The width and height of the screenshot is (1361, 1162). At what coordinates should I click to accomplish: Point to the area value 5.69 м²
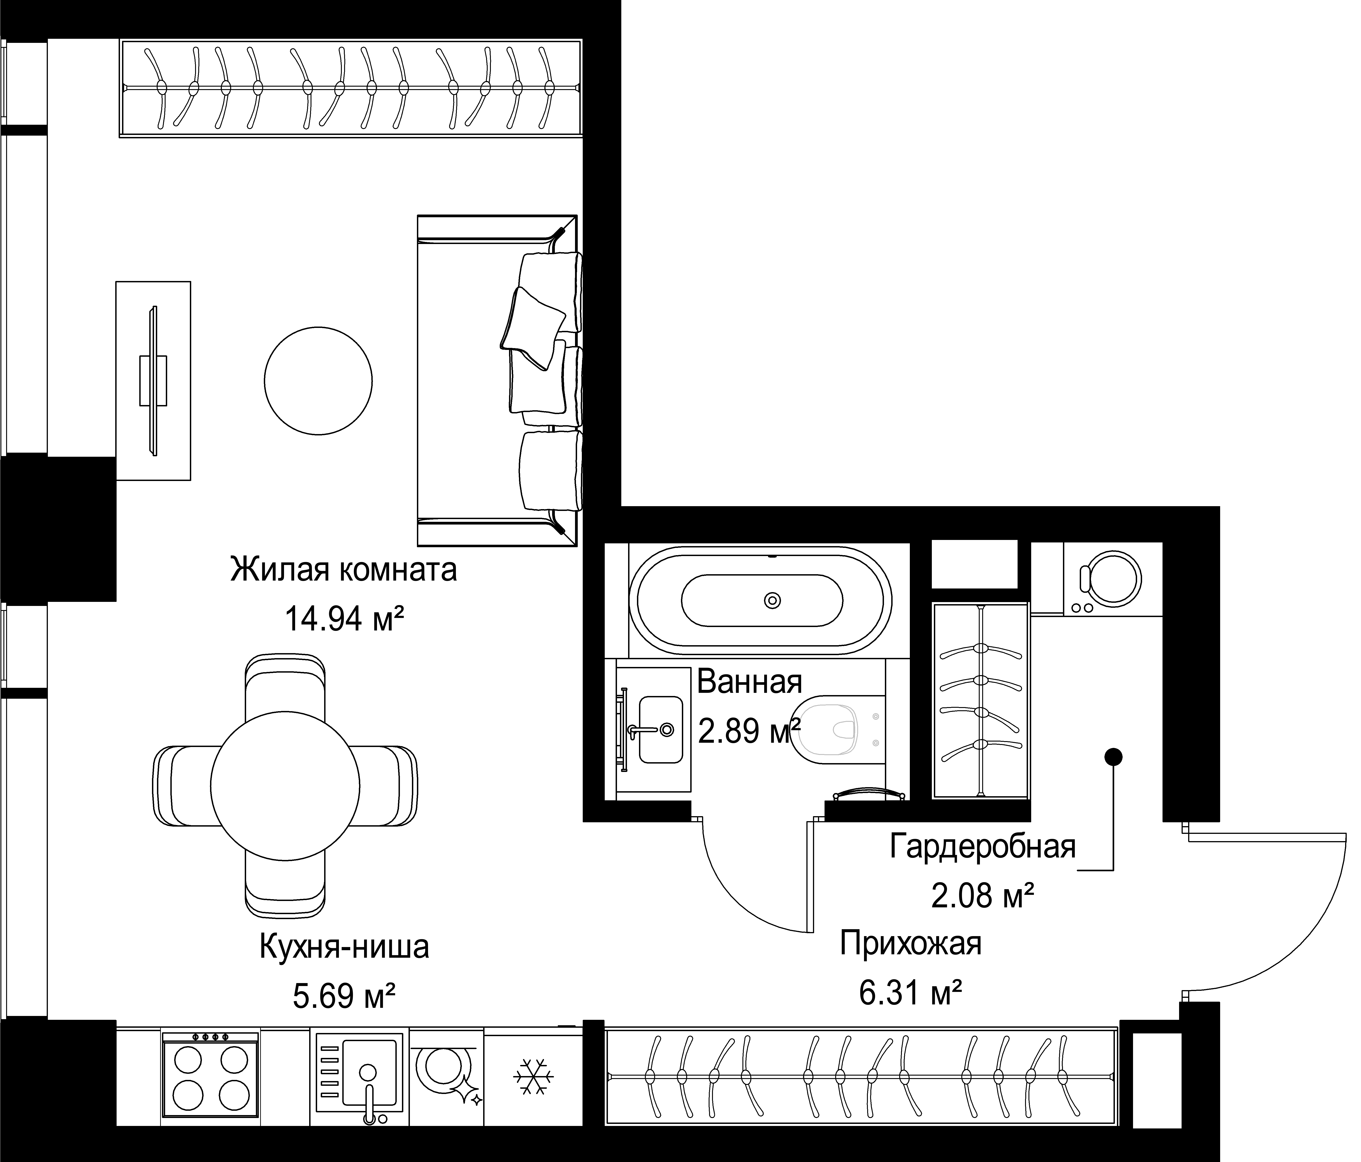pyautogui.click(x=343, y=996)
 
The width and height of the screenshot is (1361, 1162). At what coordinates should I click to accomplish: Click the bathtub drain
pyautogui.click(x=772, y=600)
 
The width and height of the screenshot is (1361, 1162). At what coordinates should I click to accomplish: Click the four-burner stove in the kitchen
pyautogui.click(x=210, y=1075)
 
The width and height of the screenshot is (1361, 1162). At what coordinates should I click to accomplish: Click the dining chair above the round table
pyautogui.click(x=285, y=686)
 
